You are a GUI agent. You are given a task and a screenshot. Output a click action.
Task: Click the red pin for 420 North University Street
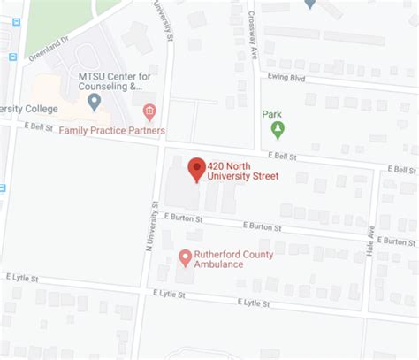coord(196,167)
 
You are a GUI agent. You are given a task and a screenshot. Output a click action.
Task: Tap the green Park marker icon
coord(278,131)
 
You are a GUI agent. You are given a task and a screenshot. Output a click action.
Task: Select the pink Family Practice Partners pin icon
coord(149,111)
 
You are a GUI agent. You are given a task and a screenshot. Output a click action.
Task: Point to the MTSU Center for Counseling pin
coord(95,102)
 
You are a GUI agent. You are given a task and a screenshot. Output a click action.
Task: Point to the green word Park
coord(271,113)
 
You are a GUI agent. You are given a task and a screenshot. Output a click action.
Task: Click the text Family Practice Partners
coord(111,130)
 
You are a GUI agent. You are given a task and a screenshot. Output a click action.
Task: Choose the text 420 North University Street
coord(242,171)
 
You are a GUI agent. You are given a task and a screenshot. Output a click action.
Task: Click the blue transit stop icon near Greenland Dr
coord(13,57)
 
